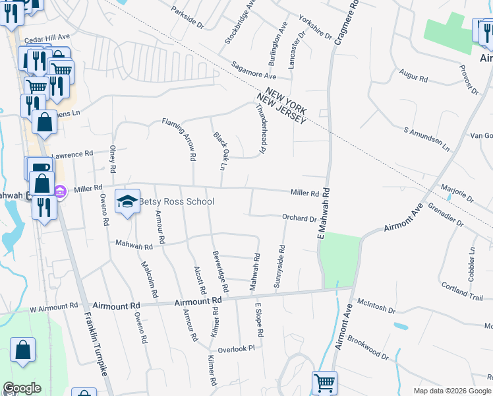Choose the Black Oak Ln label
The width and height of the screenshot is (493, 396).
coord(220,150)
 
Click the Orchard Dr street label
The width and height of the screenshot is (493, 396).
coord(300,218)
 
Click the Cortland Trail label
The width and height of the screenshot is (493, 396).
coord(463,293)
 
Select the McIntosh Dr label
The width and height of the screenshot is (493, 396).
coord(376,309)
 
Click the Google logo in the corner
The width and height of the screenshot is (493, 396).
coord(22,388)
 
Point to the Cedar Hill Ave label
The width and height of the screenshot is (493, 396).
coord(47,38)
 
